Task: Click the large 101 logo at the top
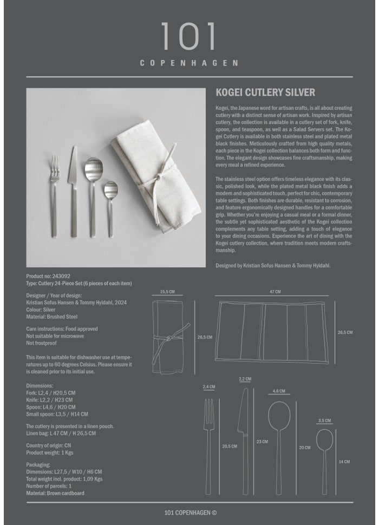(x=188, y=36)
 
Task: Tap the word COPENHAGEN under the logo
(x=189, y=63)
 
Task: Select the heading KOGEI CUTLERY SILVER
(x=265, y=93)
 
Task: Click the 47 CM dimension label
(x=275, y=292)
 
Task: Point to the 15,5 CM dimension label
(x=167, y=292)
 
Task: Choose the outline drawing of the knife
(x=244, y=433)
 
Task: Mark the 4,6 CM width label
(x=279, y=391)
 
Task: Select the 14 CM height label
(x=344, y=462)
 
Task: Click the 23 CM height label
(x=262, y=442)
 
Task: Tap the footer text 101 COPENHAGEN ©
(x=190, y=513)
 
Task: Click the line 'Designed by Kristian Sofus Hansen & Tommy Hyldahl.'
(x=273, y=266)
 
